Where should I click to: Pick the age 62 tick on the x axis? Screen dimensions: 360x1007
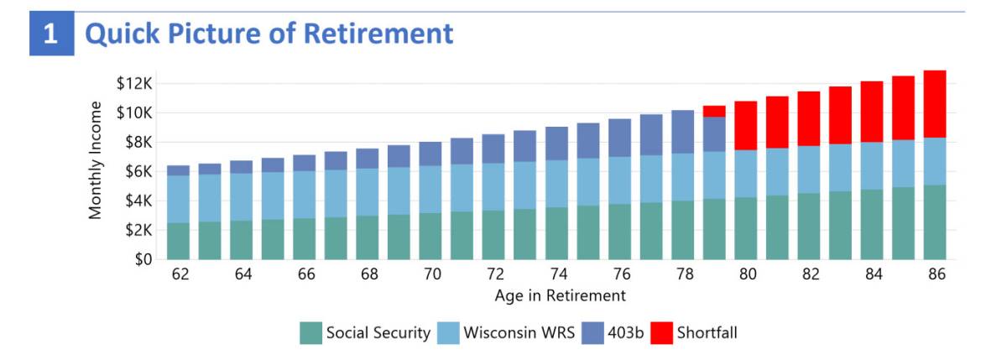click(178, 274)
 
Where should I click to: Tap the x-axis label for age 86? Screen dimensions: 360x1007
click(935, 274)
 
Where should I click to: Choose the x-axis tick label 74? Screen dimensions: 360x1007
click(556, 274)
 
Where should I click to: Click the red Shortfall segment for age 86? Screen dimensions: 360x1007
click(935, 104)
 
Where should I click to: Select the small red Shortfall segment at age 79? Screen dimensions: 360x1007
click(714, 111)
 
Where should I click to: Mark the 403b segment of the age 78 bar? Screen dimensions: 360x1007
click(682, 132)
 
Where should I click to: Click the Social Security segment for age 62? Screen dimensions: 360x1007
click(178, 241)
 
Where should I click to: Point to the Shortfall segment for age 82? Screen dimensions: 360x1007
click(809, 118)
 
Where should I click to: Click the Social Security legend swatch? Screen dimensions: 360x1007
click(310, 333)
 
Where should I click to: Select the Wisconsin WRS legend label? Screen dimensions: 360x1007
click(519, 333)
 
